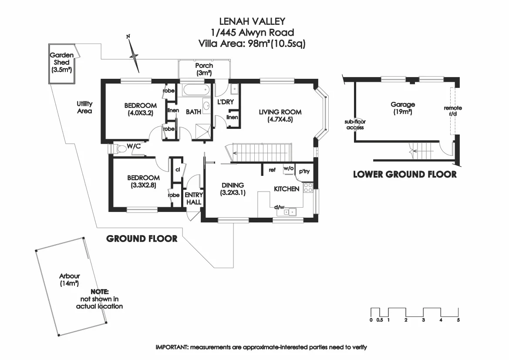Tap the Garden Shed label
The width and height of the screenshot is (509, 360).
[x=61, y=62]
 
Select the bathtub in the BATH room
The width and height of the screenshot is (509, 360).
[x=195, y=91]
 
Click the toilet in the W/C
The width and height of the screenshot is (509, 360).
[x=118, y=149]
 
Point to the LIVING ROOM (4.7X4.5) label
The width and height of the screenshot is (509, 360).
[x=280, y=115]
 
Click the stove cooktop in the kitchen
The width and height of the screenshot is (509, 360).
[x=308, y=188]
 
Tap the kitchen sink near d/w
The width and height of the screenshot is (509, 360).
[x=289, y=212]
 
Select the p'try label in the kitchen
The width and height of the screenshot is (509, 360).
[x=304, y=172]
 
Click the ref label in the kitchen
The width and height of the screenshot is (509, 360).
[x=272, y=170]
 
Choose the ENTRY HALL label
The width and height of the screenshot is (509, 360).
[x=193, y=199]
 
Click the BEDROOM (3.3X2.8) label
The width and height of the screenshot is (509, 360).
[x=143, y=181]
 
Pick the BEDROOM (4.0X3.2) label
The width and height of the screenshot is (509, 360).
[x=140, y=109]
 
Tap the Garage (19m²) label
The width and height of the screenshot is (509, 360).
[x=402, y=108]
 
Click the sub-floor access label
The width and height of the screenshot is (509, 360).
[x=355, y=125]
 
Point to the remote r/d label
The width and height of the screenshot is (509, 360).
[x=452, y=111]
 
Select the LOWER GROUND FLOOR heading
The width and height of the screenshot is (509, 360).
[x=405, y=175]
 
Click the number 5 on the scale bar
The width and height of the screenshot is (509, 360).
[x=458, y=320]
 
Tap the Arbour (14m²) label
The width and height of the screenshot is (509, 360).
[x=70, y=279]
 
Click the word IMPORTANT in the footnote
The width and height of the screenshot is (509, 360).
[x=172, y=347]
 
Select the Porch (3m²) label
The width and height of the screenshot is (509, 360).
[x=204, y=69]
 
